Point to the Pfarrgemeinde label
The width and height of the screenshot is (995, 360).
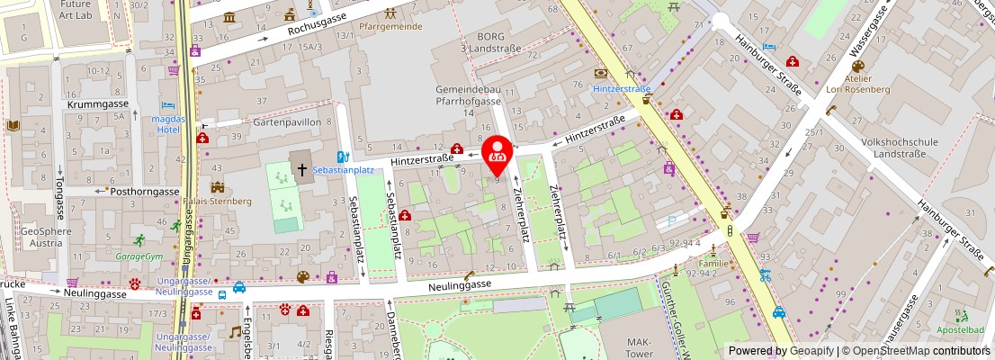click(x=390, y=27)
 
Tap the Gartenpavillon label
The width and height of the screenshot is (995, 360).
click(x=286, y=121)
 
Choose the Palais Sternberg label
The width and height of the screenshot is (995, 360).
click(x=219, y=201)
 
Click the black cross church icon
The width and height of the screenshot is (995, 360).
click(x=301, y=168)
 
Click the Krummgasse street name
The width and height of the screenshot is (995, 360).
click(x=97, y=104)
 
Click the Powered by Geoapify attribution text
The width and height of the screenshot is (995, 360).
click(x=780, y=351)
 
